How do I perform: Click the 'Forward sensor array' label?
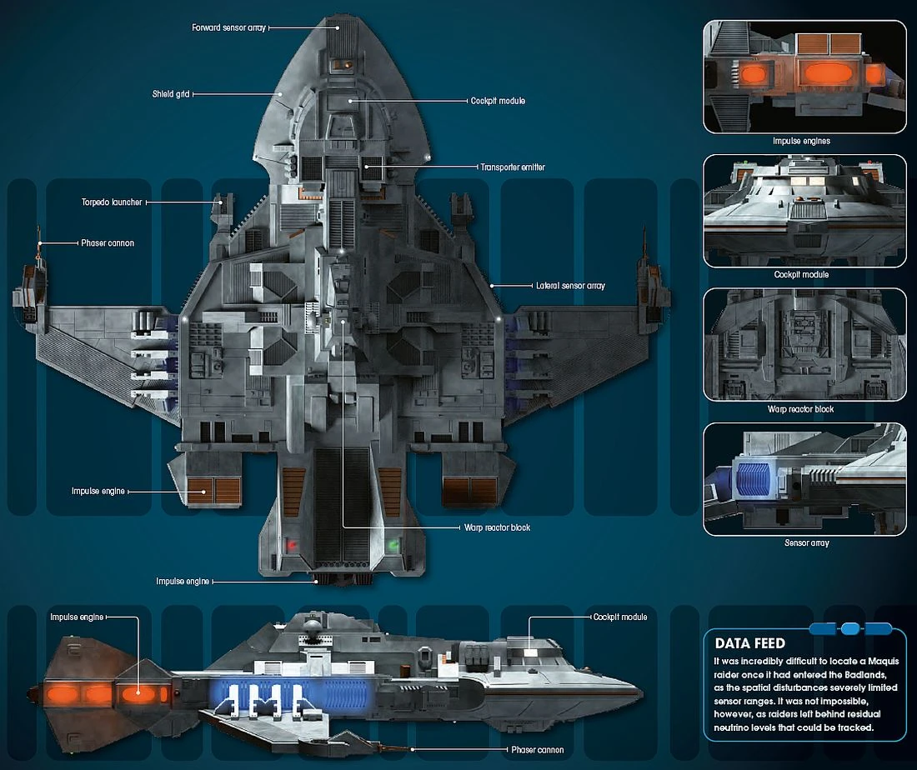point(229,27)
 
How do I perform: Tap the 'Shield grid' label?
point(169,94)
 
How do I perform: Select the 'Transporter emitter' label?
point(512,167)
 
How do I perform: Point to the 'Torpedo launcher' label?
point(112,202)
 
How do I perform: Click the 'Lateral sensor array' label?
point(570,286)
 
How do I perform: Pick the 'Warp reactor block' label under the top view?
point(498,527)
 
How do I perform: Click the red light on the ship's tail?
point(293,545)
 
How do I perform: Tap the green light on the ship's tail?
point(393,545)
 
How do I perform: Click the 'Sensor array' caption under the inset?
point(806,543)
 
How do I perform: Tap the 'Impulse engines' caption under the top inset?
point(802,141)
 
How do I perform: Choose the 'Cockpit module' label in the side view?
point(620,617)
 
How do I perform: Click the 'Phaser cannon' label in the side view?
point(537,749)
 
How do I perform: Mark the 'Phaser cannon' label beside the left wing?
point(108,243)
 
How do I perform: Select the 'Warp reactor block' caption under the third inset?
point(801,409)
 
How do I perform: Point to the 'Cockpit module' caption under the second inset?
point(801,274)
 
